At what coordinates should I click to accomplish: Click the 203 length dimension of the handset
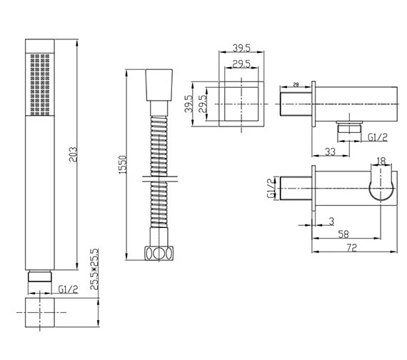point(73,154)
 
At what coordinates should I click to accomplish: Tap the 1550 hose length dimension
point(122,165)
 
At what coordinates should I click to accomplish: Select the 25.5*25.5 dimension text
point(94,269)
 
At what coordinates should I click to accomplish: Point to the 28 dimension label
point(296,85)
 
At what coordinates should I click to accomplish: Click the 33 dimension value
point(330,152)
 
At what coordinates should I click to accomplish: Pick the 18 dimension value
point(381,161)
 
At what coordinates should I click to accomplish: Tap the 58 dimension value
point(343,234)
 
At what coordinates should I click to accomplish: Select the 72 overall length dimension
point(352,248)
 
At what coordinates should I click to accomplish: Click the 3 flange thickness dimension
point(331,221)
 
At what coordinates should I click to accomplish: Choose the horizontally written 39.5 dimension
point(241,48)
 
